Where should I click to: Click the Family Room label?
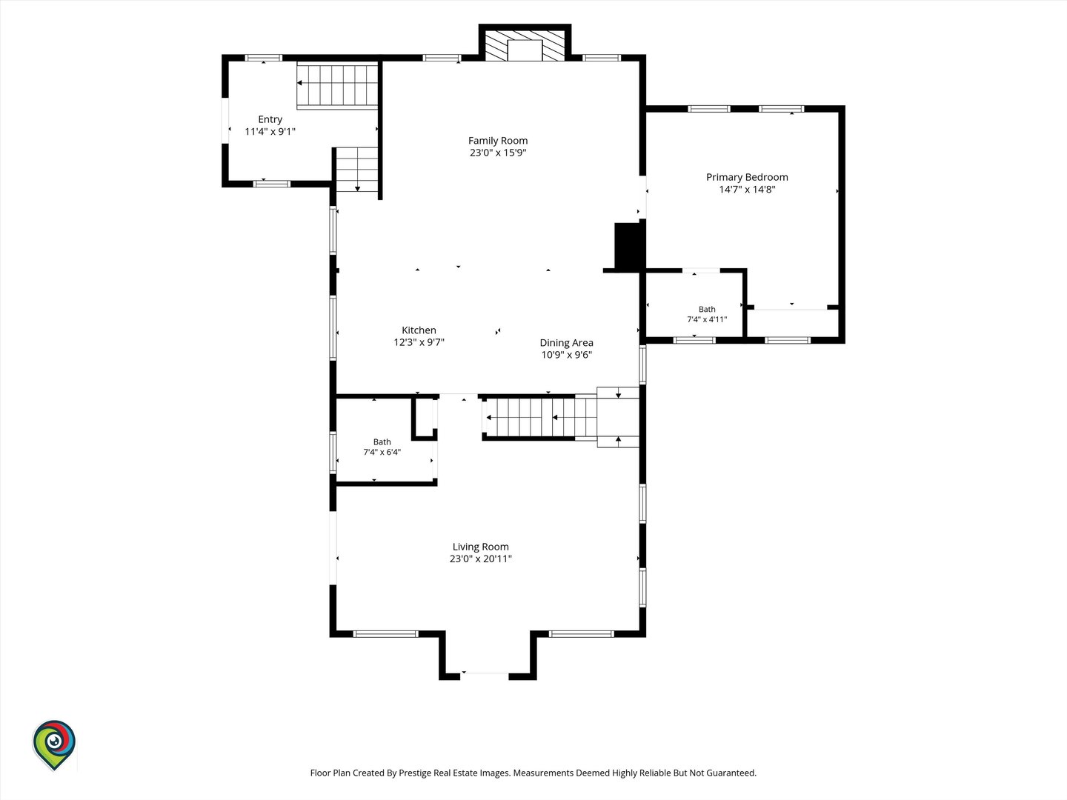(x=498, y=141)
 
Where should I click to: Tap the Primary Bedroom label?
(x=747, y=177)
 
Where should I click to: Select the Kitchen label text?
(x=419, y=330)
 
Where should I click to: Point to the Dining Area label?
(x=566, y=342)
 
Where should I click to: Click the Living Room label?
(x=481, y=547)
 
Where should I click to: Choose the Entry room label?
(x=270, y=119)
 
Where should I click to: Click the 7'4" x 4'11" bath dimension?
(x=707, y=319)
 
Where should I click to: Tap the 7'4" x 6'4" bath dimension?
(x=382, y=452)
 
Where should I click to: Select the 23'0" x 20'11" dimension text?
(x=481, y=559)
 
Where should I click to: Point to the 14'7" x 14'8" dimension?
(x=747, y=190)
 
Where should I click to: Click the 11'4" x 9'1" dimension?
(x=270, y=132)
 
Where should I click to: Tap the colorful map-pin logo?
(x=54, y=744)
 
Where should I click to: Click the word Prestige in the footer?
(x=413, y=773)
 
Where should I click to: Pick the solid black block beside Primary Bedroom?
(x=630, y=246)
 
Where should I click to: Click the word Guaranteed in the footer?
(x=728, y=773)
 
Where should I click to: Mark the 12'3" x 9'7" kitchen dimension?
(x=419, y=342)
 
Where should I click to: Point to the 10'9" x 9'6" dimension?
(x=566, y=355)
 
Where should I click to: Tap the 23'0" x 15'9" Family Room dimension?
(x=498, y=153)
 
